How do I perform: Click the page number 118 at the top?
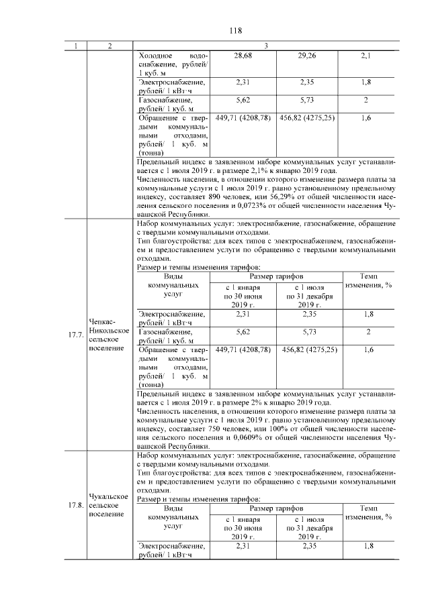click(235, 31)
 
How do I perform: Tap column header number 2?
click(110, 45)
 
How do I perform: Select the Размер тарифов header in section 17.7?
click(275, 276)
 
